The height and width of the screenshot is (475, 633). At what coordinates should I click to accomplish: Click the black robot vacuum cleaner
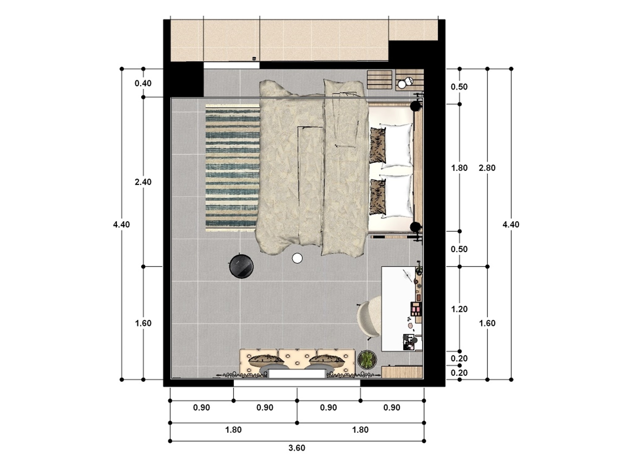(241, 266)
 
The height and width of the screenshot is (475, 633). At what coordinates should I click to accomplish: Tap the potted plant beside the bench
(367, 359)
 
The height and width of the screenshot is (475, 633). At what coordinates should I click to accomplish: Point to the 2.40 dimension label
(143, 182)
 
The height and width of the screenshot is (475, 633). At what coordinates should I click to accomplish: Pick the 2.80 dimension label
(487, 168)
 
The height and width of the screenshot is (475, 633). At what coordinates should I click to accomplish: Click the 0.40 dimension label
(143, 83)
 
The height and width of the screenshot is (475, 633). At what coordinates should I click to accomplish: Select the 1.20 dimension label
(459, 309)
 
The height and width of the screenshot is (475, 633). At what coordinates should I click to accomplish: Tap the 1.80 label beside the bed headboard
(459, 168)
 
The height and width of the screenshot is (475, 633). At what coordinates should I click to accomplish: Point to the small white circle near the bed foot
(297, 258)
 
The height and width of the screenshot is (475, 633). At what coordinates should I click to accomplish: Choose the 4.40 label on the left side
(121, 225)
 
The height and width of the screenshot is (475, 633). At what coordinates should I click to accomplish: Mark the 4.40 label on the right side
(511, 225)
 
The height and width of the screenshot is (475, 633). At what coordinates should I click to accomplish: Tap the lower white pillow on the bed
(397, 196)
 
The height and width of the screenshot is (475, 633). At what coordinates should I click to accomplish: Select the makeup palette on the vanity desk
(416, 308)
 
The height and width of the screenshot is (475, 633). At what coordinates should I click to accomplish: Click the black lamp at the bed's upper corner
(415, 107)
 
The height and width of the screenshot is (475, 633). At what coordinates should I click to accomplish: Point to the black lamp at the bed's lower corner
(415, 227)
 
